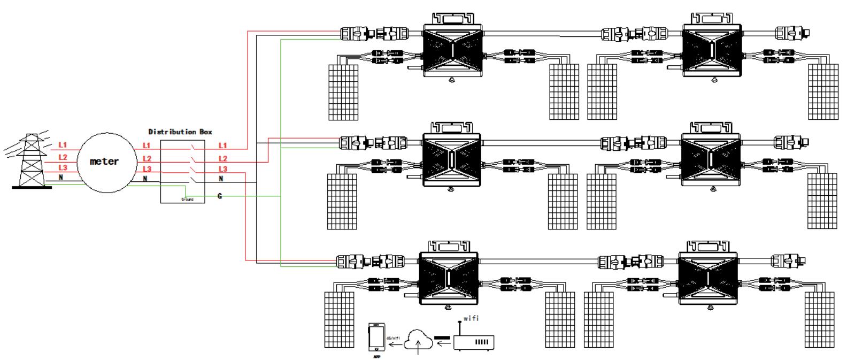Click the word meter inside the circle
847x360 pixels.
(x=104, y=161)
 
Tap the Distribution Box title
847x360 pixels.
(x=180, y=132)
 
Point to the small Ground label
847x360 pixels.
(x=188, y=200)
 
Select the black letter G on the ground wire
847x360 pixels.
(x=220, y=196)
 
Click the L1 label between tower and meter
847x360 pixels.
(x=63, y=145)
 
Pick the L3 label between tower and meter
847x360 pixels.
(x=63, y=168)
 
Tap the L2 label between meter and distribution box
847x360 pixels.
(x=147, y=158)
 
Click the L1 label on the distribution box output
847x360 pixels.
(x=222, y=145)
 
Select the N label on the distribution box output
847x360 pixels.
(x=221, y=179)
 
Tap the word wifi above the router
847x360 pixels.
(x=471, y=319)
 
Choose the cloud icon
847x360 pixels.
(x=419, y=339)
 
